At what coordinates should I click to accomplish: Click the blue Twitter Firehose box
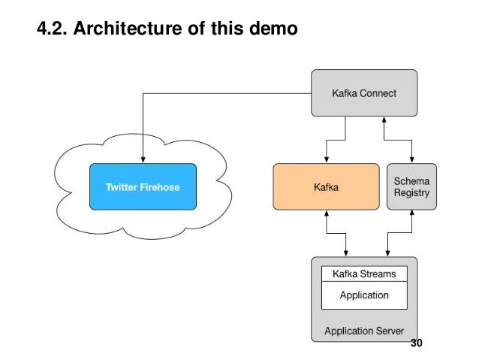coord(142,186)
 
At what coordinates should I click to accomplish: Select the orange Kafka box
coord(326,186)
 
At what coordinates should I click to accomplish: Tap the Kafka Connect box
coord(364,93)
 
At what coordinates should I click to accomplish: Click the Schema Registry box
coord(412,186)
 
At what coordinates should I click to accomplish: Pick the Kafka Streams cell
coord(364,274)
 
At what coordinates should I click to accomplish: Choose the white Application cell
coord(364,295)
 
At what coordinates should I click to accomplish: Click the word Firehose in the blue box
coord(159,186)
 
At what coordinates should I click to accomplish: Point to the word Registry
coord(412,193)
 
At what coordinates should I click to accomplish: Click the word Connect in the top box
coord(378,93)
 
